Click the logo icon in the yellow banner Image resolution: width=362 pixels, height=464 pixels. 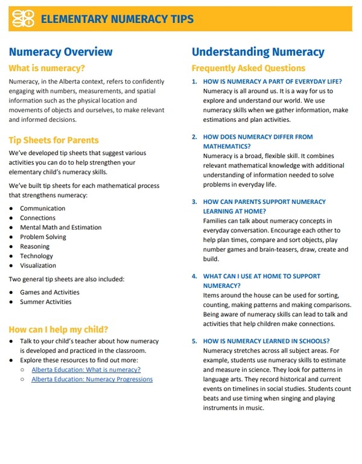coord(24,19)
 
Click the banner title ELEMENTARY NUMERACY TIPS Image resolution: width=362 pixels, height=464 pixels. coord(117,19)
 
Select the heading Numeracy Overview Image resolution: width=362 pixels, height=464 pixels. coord(60,52)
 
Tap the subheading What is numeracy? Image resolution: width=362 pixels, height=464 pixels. coord(46,68)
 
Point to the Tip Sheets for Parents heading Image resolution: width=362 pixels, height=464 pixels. coord(54,140)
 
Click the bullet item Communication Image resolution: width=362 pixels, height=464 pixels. coord(42,208)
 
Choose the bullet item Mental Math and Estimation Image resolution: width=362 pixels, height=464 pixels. coord(60,227)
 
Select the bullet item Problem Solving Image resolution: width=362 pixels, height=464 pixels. coord(43,237)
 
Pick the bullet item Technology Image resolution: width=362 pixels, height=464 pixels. coord(36,256)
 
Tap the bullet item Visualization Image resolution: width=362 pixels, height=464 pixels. coord(38,265)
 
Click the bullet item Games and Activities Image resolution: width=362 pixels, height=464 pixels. coord(49,292)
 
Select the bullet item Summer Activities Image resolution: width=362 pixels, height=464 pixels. coord(46,302)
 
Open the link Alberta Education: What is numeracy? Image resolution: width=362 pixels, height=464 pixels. coord(86,369)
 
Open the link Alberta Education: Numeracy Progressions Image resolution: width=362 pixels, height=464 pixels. coord(92,379)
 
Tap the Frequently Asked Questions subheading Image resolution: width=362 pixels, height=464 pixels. coord(249,68)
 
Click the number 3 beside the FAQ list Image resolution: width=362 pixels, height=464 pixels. coord(194,202)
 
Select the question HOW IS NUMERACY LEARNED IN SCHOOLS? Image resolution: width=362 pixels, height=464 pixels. coord(266,341)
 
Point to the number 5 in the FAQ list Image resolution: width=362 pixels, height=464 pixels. coord(194,341)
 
